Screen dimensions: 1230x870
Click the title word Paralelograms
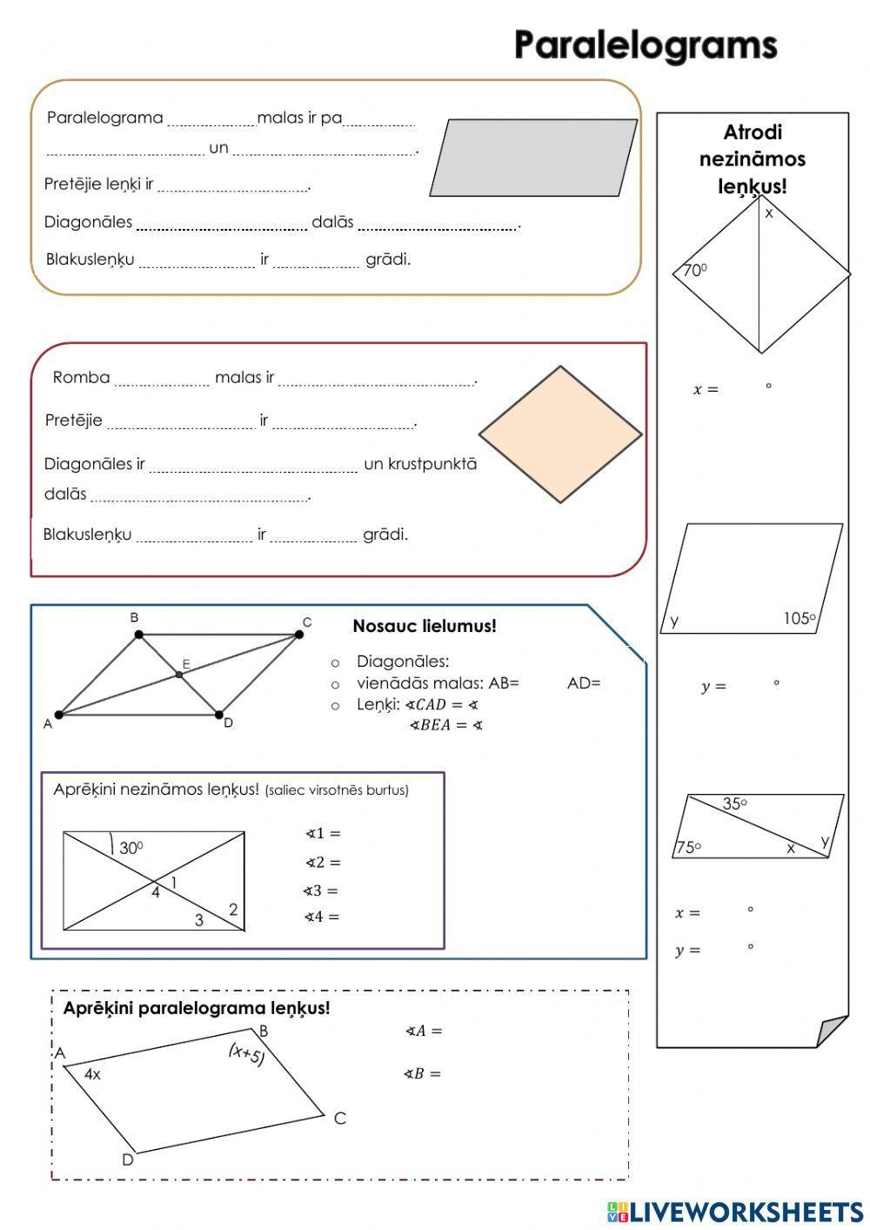point(645,45)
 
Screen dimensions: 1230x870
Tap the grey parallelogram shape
point(533,158)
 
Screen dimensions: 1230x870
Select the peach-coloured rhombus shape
point(560,434)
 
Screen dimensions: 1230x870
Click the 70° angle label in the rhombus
point(694,271)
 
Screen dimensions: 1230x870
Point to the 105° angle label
point(799,619)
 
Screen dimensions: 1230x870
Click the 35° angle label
point(734,804)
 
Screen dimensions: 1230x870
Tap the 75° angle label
point(688,847)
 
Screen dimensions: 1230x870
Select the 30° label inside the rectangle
point(130,848)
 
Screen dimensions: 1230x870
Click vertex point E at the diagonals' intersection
point(179,675)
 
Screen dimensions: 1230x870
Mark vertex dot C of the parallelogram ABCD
point(298,635)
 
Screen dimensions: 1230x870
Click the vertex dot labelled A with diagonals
point(58,716)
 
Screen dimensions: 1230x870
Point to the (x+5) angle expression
point(246,1054)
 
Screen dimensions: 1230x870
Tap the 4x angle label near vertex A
point(92,1074)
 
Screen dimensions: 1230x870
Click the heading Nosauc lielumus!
point(425,626)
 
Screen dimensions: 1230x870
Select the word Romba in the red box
point(81,378)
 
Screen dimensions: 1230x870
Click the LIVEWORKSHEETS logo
point(735,1211)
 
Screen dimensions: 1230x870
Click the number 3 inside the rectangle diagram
point(199,920)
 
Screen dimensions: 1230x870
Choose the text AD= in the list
point(584,683)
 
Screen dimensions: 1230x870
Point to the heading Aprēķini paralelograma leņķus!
point(197,1008)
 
